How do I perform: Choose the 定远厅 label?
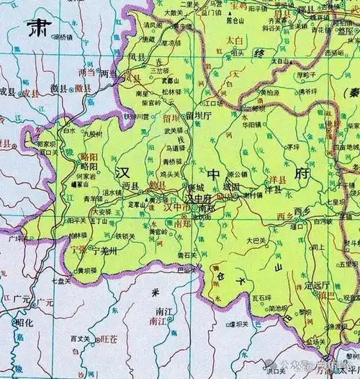317,285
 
